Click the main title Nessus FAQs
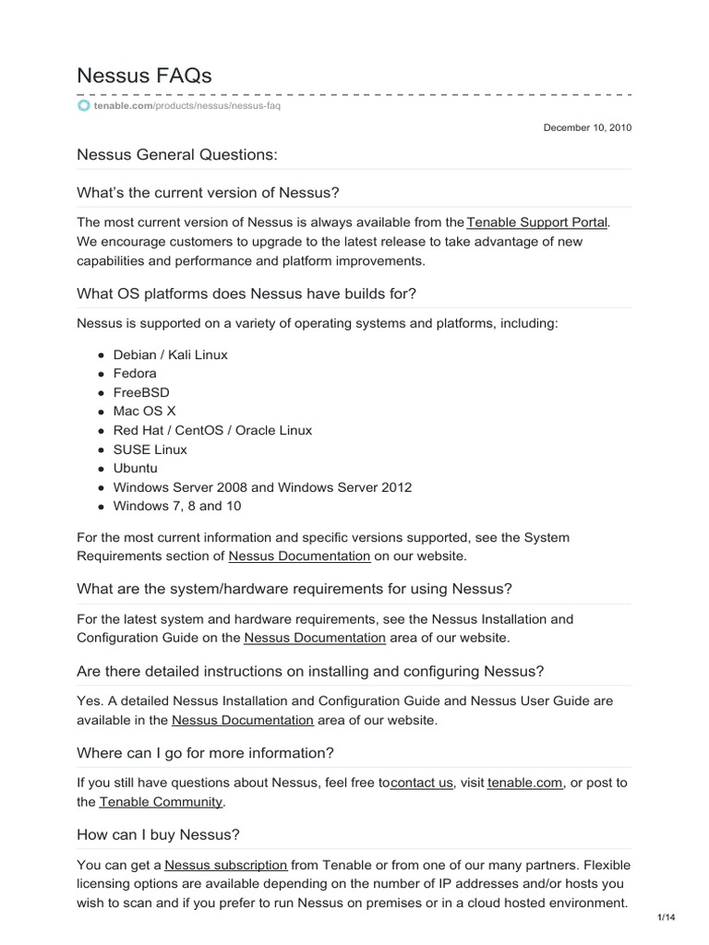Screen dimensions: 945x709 pyautogui.click(x=144, y=76)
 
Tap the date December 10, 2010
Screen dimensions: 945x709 pyautogui.click(x=587, y=128)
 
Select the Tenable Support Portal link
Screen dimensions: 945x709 pyautogui.click(x=537, y=222)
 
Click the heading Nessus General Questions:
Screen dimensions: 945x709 pyautogui.click(x=176, y=155)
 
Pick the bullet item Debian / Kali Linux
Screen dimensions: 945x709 pyautogui.click(x=170, y=354)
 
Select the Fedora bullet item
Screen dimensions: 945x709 pyautogui.click(x=135, y=374)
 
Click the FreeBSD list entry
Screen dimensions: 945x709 pyautogui.click(x=141, y=392)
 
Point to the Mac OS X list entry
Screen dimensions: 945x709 pyautogui.click(x=144, y=412)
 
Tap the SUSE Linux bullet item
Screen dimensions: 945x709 pyautogui.click(x=150, y=449)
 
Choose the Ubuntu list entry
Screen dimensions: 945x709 pyautogui.click(x=135, y=468)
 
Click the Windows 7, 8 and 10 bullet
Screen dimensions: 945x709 pyautogui.click(x=177, y=506)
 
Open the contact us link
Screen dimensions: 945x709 pyautogui.click(x=422, y=783)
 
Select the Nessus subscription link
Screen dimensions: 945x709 pyautogui.click(x=226, y=866)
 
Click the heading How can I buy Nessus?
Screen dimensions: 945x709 pyautogui.click(x=158, y=834)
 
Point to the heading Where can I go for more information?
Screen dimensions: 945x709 pyautogui.click(x=205, y=752)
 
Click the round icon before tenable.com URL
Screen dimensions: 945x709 pyautogui.click(x=84, y=106)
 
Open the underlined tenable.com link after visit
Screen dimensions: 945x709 pyautogui.click(x=524, y=783)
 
